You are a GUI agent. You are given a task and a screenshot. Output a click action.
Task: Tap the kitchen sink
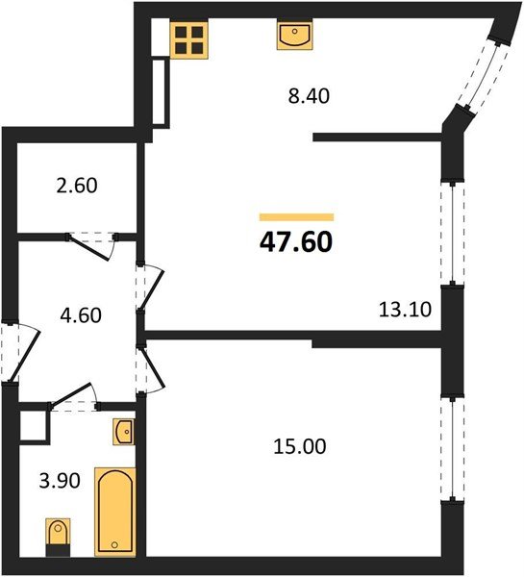tap(292, 37)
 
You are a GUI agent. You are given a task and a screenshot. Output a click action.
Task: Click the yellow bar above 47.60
tap(296, 217)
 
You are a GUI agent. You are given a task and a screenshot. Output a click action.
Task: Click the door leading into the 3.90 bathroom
tap(75, 398)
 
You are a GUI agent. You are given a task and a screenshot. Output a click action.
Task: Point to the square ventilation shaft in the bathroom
tap(34, 424)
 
